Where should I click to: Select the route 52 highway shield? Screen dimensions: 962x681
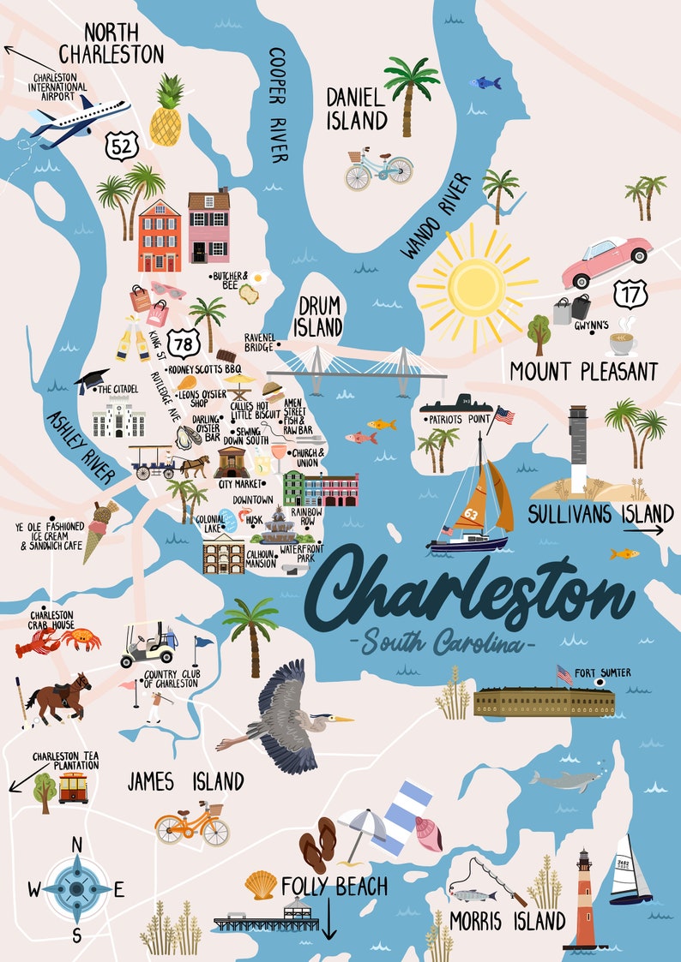tap(120, 146)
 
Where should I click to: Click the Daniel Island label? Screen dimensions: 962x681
tap(356, 108)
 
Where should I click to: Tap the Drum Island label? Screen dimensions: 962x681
tap(319, 315)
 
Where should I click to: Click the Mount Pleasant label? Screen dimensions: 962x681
tap(583, 372)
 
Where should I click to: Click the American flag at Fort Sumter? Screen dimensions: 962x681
tap(564, 674)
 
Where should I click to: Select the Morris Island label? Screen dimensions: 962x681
tap(507, 922)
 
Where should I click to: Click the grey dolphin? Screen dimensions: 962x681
tap(562, 780)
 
